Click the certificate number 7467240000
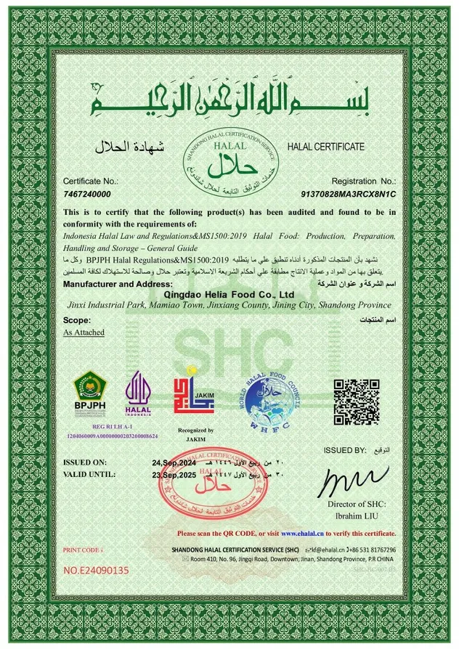(x=87, y=195)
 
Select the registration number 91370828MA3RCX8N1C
(x=348, y=195)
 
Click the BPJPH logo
(x=91, y=391)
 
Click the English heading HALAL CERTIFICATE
(x=326, y=147)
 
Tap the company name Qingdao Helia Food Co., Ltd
(x=229, y=294)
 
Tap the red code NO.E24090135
(x=97, y=570)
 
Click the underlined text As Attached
(x=84, y=332)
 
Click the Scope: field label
(x=76, y=319)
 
